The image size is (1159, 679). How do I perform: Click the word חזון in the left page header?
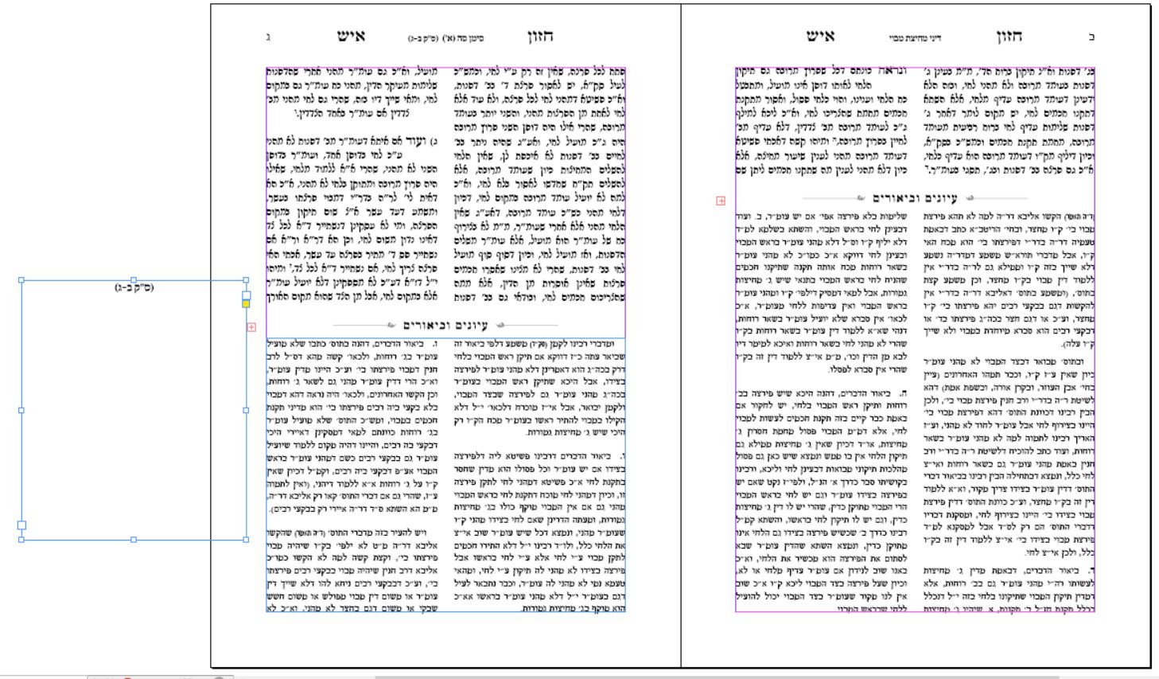click(x=539, y=37)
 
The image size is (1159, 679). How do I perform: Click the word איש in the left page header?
click(x=351, y=37)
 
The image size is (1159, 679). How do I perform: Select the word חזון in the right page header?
click(x=1009, y=37)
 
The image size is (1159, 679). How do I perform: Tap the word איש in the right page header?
click(x=820, y=37)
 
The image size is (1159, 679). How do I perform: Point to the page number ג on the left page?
click(x=268, y=37)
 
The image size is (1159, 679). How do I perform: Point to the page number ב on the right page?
click(x=1091, y=37)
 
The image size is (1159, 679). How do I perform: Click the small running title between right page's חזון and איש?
click(x=915, y=38)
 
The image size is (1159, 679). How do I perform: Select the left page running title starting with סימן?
click(x=445, y=38)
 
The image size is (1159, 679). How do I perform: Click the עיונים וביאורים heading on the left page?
click(x=445, y=325)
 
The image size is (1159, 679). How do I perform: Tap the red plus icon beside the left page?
click(x=251, y=326)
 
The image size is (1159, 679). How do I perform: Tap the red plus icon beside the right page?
click(x=721, y=201)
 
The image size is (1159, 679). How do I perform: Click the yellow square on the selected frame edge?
click(x=247, y=303)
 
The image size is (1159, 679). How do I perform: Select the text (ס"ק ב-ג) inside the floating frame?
click(x=134, y=287)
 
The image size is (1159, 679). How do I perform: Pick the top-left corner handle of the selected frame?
click(x=21, y=280)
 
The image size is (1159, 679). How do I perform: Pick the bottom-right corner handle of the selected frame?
click(x=247, y=540)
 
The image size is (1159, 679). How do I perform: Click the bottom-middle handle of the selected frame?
click(x=134, y=540)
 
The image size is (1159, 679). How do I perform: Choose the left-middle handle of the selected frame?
click(x=21, y=410)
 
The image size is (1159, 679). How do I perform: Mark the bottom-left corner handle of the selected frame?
click(x=21, y=540)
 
